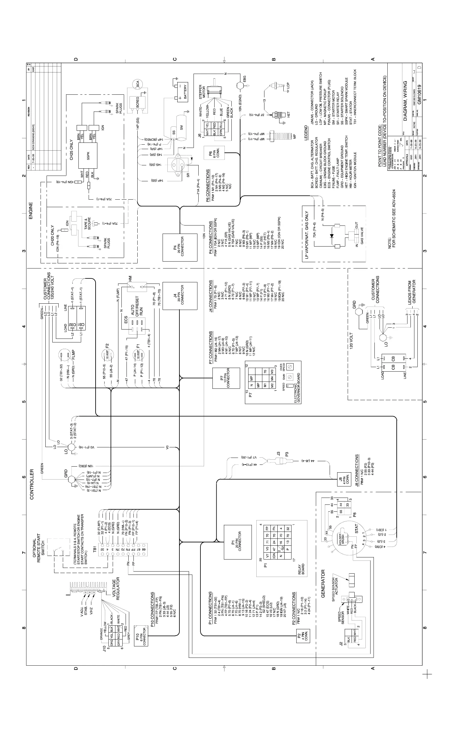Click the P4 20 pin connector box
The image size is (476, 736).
click(x=180, y=247)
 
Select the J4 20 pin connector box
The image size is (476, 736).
click(x=180, y=296)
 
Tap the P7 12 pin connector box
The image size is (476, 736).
click(x=226, y=378)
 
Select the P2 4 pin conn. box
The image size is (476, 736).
click(x=303, y=636)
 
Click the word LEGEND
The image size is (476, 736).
click(x=306, y=133)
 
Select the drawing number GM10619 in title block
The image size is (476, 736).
click(x=419, y=94)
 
